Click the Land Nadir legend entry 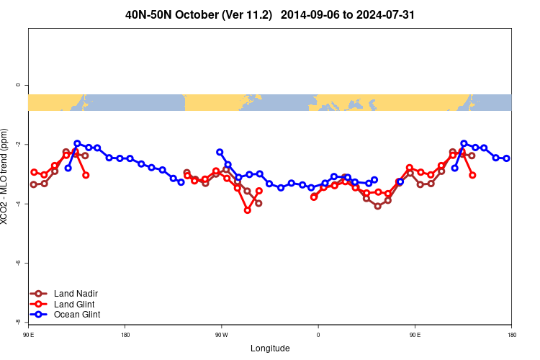tap(76, 294)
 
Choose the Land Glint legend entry tap(74, 304)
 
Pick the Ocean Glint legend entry tap(77, 315)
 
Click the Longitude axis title tap(270, 348)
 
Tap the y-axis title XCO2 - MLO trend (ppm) tap(6, 177)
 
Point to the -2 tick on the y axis tap(18, 145)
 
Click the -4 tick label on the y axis tap(18, 204)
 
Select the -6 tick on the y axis tap(18, 264)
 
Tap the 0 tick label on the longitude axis tap(318, 335)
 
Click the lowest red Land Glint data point tap(248, 210)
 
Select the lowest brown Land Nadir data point tap(378, 206)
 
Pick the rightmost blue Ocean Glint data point tap(507, 158)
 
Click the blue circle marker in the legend tap(39, 315)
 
